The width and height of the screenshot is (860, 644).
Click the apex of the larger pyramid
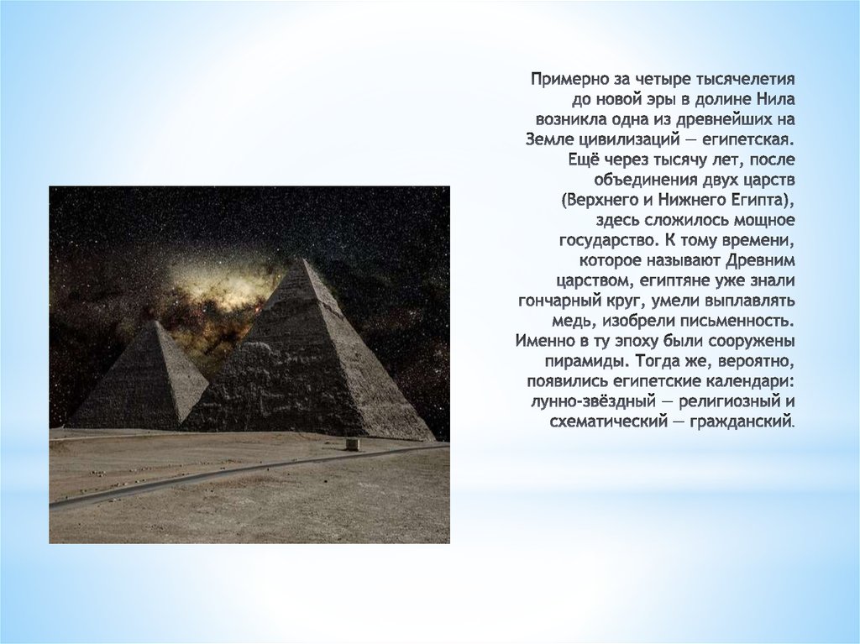[x=304, y=260]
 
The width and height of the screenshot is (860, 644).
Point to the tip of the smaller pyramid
[x=157, y=322]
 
